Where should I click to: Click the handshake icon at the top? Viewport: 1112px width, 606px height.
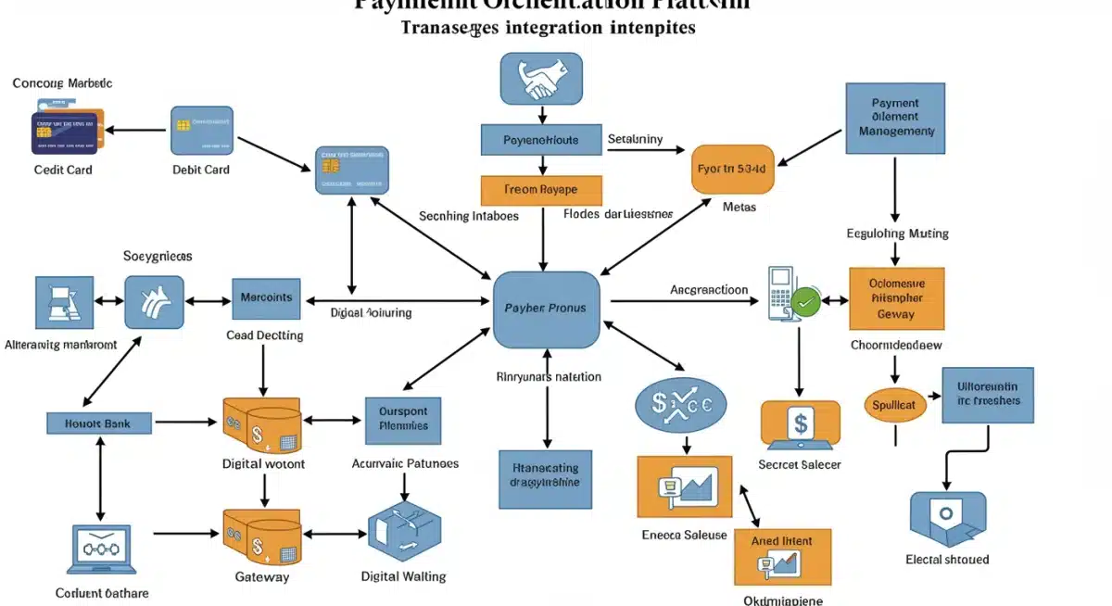(x=541, y=79)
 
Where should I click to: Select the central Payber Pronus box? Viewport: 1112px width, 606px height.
(x=546, y=308)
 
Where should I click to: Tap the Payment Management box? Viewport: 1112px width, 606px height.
(x=895, y=118)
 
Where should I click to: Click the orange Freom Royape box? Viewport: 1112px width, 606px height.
(x=541, y=190)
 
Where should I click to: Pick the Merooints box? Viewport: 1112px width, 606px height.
(x=266, y=298)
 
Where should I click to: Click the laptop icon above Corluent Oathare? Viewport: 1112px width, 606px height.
(x=101, y=549)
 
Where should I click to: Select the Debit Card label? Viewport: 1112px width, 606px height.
(x=201, y=170)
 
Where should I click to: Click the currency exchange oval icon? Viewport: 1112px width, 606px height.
(x=681, y=404)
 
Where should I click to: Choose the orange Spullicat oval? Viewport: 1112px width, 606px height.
(x=894, y=405)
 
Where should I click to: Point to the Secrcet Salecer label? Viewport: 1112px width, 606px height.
(x=799, y=464)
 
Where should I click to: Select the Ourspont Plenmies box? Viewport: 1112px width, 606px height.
(x=403, y=419)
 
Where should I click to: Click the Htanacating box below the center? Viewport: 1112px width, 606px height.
(x=545, y=478)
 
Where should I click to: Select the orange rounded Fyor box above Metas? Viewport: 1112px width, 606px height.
(x=733, y=170)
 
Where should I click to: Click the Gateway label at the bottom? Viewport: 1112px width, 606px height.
(x=262, y=576)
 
